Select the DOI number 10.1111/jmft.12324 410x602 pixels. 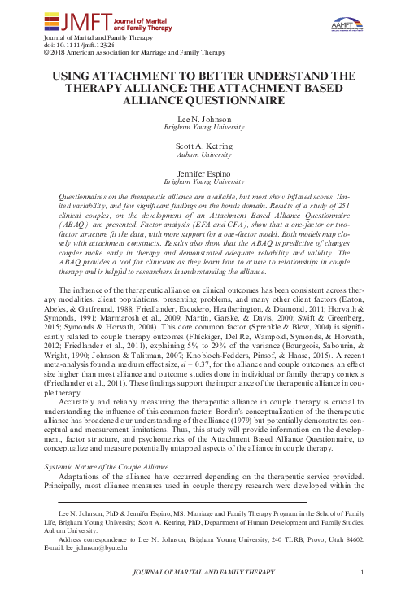coord(89,46)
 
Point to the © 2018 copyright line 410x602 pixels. coord(131,53)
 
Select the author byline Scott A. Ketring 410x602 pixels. coord(204,144)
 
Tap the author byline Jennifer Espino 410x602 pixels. coord(204,173)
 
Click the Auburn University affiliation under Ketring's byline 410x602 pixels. coord(204,153)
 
